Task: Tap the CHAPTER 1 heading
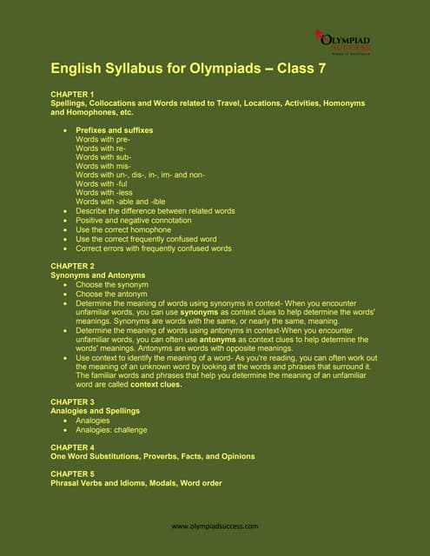72,94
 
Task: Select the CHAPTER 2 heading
72,266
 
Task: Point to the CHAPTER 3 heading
72,401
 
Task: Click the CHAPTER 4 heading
72,447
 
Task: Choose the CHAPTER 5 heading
72,473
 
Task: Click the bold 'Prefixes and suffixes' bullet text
114,129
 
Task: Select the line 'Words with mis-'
103,165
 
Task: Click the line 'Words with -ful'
102,183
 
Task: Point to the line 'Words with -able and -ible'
120,202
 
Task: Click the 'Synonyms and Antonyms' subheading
98,275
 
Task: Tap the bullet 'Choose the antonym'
111,293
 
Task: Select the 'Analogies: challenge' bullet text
111,429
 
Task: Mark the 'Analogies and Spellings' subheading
95,411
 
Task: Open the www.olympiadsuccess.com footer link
215,526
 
